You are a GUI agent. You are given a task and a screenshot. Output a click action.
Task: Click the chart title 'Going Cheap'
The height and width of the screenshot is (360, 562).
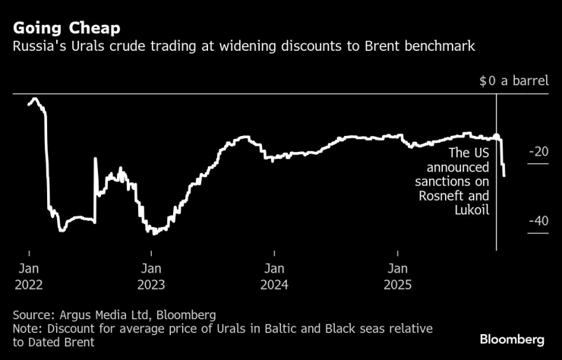(65, 29)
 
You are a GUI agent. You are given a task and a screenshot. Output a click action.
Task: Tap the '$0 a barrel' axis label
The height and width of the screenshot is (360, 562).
(513, 79)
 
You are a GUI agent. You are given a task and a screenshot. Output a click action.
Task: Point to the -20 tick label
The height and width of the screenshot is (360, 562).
(538, 152)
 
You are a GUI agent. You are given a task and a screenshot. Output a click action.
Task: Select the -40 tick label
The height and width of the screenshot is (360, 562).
(538, 221)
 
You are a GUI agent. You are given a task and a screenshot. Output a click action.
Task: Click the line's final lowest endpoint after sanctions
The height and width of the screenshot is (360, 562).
(504, 176)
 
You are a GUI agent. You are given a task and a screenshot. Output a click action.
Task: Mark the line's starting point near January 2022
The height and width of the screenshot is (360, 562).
(28, 104)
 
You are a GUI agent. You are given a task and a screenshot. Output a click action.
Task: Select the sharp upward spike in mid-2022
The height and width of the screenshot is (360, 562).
(95, 159)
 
